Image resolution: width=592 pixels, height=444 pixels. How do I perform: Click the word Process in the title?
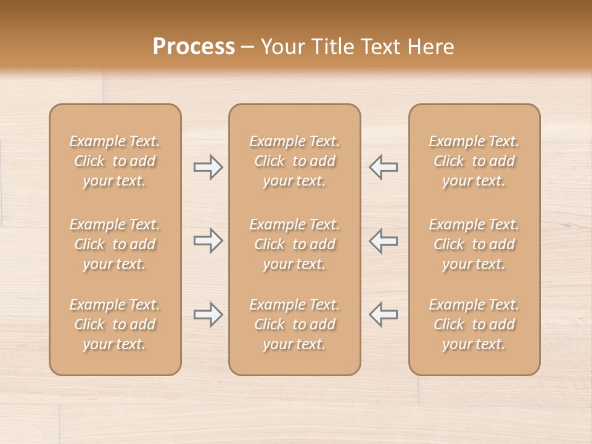[194, 46]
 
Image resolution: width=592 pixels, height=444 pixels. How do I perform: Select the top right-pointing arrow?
[208, 167]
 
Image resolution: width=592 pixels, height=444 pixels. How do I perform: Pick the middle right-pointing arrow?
[208, 240]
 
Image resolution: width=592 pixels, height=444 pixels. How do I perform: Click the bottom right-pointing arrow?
[208, 314]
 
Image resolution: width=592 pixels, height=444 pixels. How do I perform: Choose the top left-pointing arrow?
[383, 167]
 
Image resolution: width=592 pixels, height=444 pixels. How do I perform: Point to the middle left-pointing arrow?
[383, 240]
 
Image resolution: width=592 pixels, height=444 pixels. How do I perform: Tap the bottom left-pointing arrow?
[383, 314]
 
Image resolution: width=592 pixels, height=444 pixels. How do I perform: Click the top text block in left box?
[115, 161]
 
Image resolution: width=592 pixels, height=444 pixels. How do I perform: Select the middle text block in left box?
[115, 244]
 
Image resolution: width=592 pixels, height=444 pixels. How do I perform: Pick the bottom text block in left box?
[115, 324]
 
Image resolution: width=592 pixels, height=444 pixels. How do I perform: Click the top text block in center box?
[295, 161]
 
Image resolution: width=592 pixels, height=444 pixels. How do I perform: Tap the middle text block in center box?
[295, 244]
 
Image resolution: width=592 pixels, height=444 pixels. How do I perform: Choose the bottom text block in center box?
[295, 324]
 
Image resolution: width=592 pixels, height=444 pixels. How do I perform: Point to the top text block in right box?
[474, 161]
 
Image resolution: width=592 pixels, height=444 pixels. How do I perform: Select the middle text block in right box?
[474, 244]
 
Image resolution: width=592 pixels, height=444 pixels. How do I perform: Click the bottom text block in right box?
[474, 324]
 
